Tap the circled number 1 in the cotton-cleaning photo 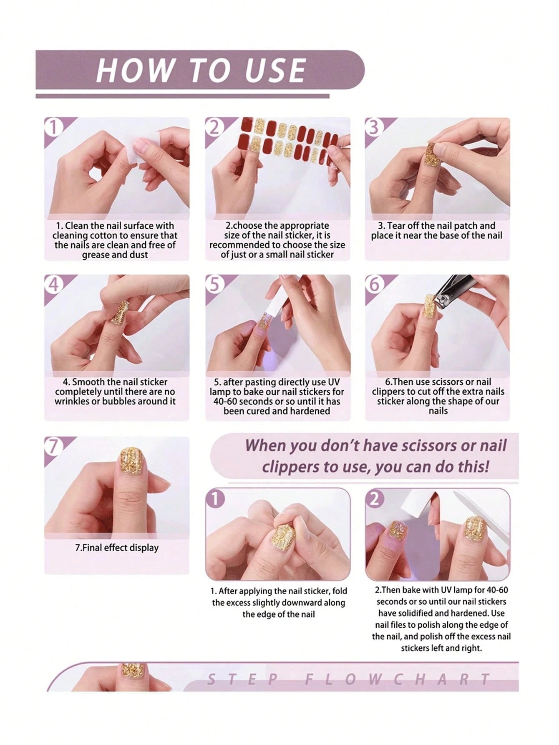(53, 127)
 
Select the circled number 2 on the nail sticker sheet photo (214, 127)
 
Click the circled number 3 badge (374, 127)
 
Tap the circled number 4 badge (53, 284)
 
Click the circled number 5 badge (214, 284)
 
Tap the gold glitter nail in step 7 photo (133, 461)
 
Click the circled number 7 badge (53, 446)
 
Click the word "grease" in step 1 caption (98, 255)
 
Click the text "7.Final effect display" (117, 548)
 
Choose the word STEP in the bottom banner (242, 680)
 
